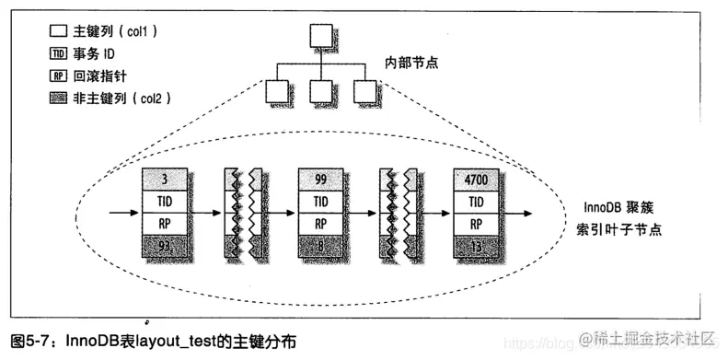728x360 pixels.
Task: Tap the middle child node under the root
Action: (x=319, y=91)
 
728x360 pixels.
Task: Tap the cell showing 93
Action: (x=164, y=246)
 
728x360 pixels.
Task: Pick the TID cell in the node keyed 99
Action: (x=322, y=200)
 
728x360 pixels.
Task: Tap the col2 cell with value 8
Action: (x=322, y=246)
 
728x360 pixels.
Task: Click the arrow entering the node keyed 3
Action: (x=123, y=213)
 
